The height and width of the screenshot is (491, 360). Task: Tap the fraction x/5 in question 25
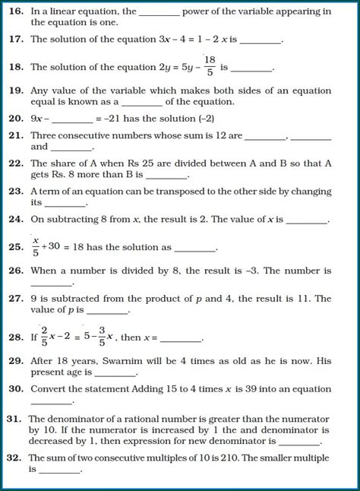(x=35, y=246)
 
